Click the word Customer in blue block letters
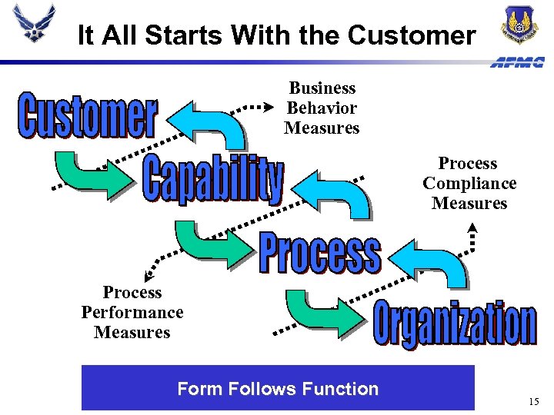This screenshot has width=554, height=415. [88, 116]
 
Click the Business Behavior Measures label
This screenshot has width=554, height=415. [322, 108]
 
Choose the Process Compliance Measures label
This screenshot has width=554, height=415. [469, 184]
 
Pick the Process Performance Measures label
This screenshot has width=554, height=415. [132, 313]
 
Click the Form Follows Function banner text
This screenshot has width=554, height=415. [278, 389]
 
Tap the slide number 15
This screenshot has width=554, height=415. [535, 402]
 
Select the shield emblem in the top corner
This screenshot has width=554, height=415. [520, 25]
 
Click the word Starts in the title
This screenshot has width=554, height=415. [185, 35]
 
